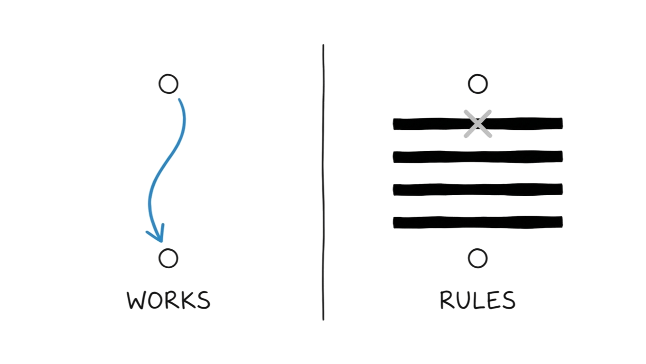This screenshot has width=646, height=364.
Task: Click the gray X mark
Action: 478,124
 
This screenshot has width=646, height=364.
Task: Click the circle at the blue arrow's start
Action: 168,84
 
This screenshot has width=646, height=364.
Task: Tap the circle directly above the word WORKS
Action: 168,259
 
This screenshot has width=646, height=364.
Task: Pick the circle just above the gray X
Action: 478,84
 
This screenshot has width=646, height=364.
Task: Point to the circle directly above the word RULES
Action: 478,259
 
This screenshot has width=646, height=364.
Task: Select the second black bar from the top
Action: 478,156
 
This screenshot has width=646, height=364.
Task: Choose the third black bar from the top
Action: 478,190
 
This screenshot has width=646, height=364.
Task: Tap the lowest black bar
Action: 478,222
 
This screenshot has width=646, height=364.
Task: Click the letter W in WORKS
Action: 137,300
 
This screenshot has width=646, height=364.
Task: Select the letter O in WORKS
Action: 156,300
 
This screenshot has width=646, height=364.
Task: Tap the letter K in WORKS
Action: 187,300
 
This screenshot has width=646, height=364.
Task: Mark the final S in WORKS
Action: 204,300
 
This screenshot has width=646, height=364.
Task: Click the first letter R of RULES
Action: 447,300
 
